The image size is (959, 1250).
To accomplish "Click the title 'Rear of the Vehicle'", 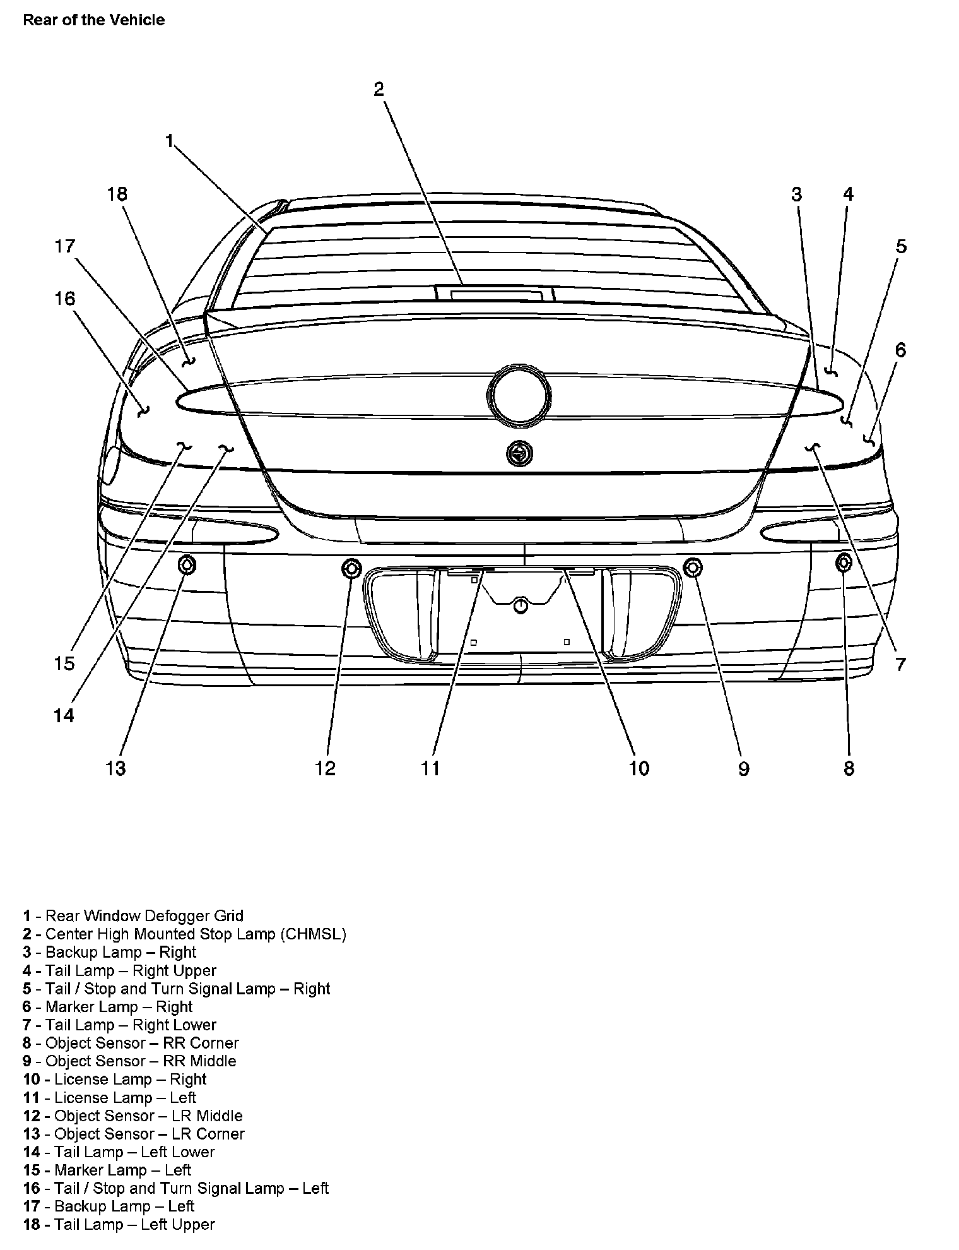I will pyautogui.click(x=93, y=20).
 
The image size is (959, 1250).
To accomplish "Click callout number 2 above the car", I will pyautogui.click(x=379, y=89).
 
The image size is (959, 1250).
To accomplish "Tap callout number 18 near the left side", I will pyautogui.click(x=117, y=194).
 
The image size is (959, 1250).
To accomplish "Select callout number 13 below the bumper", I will pyautogui.click(x=116, y=768).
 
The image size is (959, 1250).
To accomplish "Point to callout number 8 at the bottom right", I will pyautogui.click(x=849, y=768).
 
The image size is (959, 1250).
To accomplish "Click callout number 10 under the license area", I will pyautogui.click(x=638, y=768).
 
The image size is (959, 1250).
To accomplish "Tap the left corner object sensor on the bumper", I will pyautogui.click(x=187, y=564).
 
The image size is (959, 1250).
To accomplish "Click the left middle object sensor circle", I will pyautogui.click(x=351, y=568).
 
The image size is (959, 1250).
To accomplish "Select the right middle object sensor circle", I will pyautogui.click(x=693, y=568).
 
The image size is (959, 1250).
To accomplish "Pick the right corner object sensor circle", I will pyautogui.click(x=844, y=562).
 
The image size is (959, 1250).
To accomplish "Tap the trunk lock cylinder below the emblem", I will pyautogui.click(x=519, y=453).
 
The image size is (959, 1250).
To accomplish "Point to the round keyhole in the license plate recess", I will pyautogui.click(x=521, y=605).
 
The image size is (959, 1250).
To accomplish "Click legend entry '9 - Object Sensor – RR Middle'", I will pyautogui.click(x=130, y=1061).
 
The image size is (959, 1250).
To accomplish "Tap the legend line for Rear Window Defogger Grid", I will pyautogui.click(x=133, y=916).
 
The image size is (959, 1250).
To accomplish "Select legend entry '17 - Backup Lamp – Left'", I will pyautogui.click(x=109, y=1206).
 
